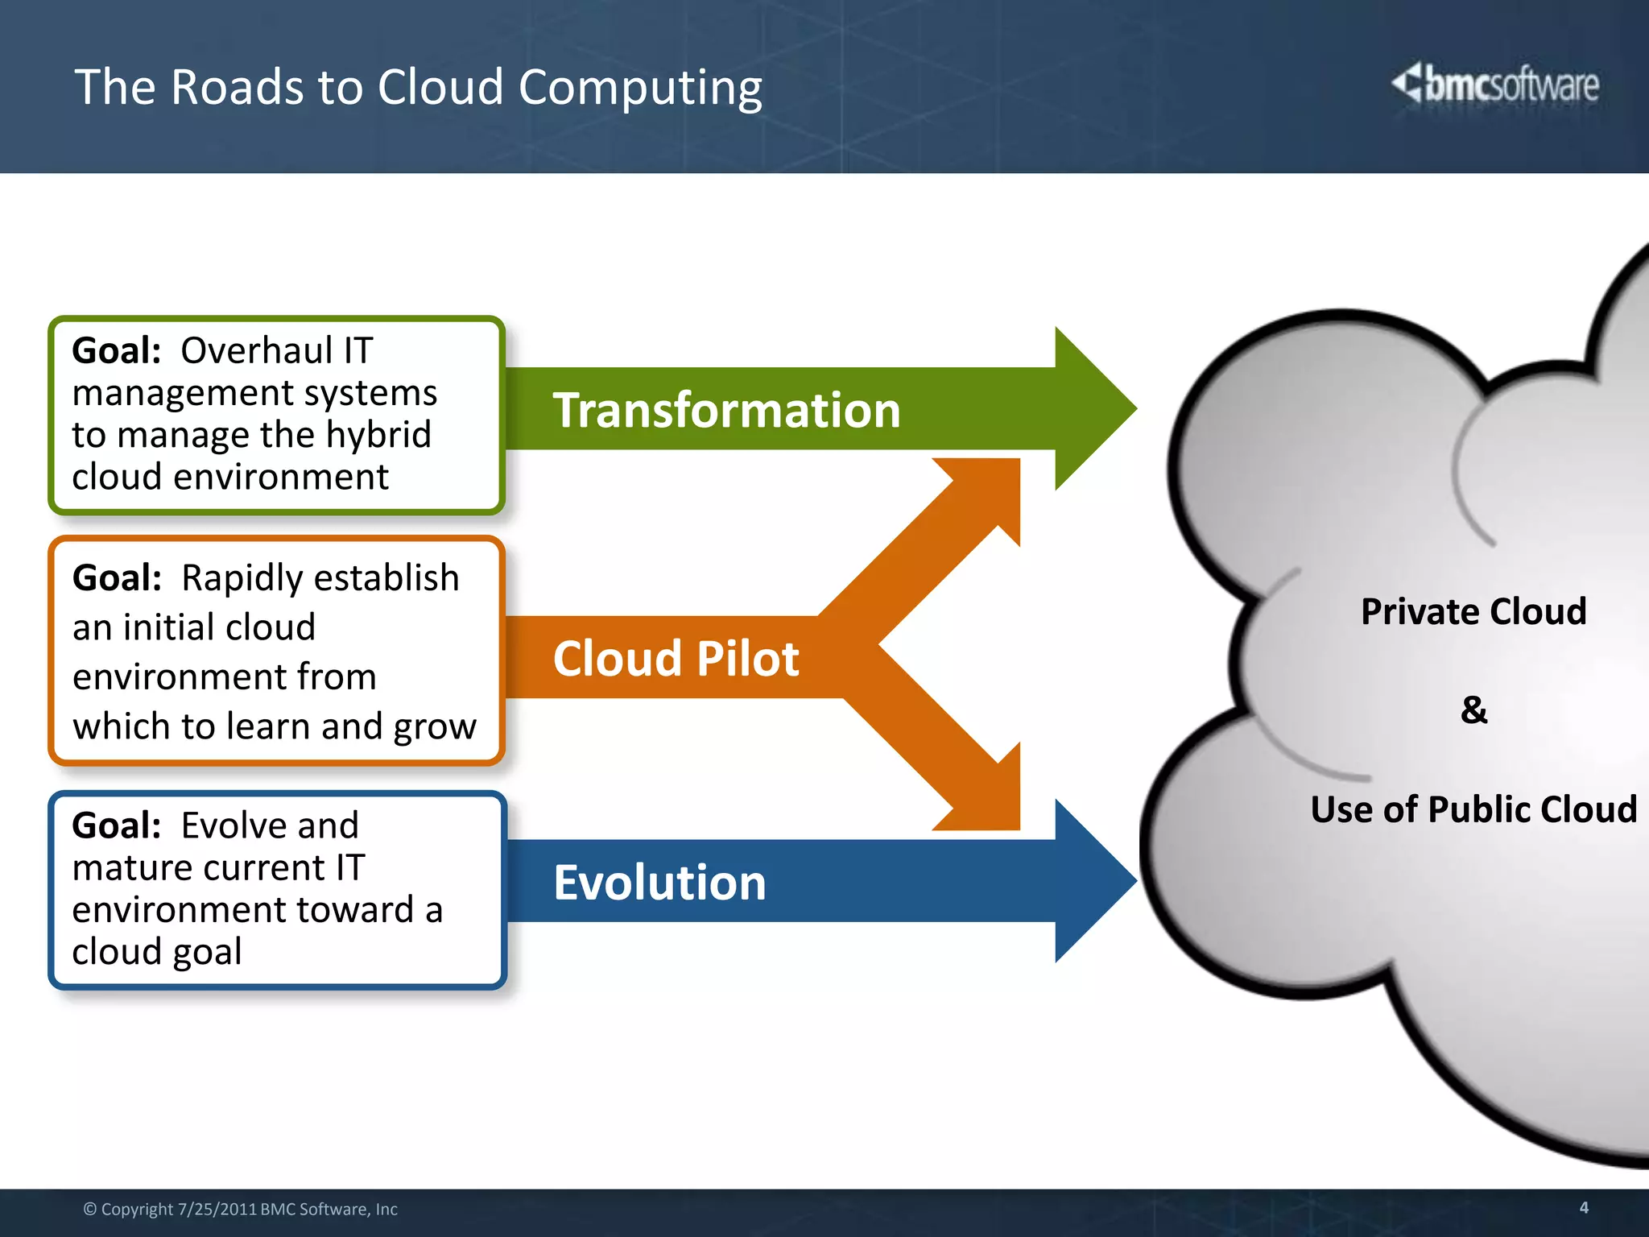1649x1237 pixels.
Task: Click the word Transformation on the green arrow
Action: [726, 410]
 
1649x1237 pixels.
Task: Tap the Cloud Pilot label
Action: [676, 658]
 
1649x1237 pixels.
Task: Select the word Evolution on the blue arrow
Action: [659, 882]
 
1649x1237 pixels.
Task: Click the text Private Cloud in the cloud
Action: [1473, 611]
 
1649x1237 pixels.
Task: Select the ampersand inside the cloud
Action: [1473, 710]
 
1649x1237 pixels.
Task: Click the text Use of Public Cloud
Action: [1473, 809]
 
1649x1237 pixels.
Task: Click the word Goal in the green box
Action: [116, 351]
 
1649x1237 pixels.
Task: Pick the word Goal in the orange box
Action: [117, 578]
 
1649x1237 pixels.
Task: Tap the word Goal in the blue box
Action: [116, 825]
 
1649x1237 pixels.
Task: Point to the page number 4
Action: [1583, 1207]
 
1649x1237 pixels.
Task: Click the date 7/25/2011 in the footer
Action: [217, 1209]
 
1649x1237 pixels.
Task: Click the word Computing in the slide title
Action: [640, 88]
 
